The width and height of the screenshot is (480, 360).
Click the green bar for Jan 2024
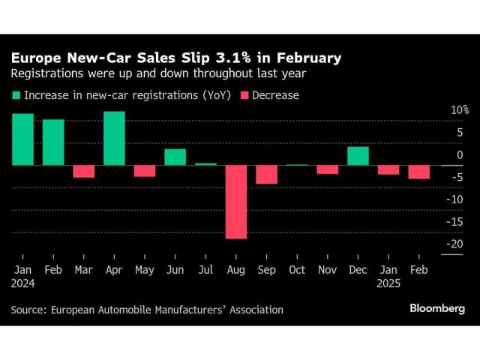click(x=22, y=139)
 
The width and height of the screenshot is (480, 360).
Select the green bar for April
click(x=114, y=138)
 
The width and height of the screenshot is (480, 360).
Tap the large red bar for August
click(x=236, y=202)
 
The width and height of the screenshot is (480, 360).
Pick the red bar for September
click(x=266, y=174)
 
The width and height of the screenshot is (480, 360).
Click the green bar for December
click(x=358, y=155)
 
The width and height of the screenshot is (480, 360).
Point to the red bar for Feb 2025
click(x=418, y=172)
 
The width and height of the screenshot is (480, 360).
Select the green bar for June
click(x=175, y=157)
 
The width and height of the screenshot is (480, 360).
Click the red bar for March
click(x=83, y=171)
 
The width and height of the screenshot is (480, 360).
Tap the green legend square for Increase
click(x=16, y=95)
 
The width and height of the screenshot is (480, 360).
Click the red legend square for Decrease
click(x=244, y=95)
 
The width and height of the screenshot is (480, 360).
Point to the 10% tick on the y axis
click(x=459, y=110)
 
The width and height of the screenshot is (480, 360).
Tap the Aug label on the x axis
click(x=235, y=269)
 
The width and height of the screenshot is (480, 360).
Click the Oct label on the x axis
click(x=297, y=269)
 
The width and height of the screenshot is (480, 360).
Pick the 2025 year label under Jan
click(x=388, y=283)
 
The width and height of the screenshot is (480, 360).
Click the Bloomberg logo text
click(x=437, y=308)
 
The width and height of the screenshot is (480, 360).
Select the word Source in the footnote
click(x=29, y=309)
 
